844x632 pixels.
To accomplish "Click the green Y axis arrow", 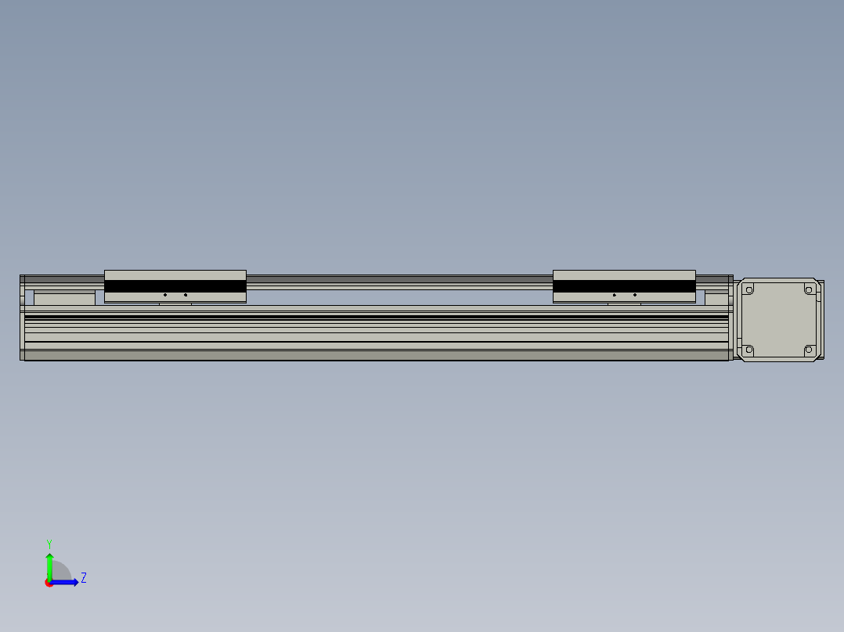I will (49, 565).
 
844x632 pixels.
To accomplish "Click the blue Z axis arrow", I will (67, 582).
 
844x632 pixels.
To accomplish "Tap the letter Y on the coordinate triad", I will (49, 543).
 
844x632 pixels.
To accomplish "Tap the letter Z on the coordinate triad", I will (84, 578).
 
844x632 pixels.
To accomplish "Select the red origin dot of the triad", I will (49, 583).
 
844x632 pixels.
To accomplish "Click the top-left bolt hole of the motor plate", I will (748, 290).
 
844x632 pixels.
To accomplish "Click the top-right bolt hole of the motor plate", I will (809, 290).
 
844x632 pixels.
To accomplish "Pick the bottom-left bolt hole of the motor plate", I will (748, 350).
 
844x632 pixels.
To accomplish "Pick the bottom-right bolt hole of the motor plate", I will (809, 350).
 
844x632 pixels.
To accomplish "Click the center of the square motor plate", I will (778, 320).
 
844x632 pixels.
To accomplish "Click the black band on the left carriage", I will (175, 286).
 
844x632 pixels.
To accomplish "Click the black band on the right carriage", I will (624, 286).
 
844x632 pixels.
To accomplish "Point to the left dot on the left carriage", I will (165, 295).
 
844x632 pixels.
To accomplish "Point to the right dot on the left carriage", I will (186, 295).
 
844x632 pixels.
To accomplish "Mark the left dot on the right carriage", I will (615, 295).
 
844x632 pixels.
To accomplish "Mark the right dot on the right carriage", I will (635, 295).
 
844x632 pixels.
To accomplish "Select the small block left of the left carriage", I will (64, 298).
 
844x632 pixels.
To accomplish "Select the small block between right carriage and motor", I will (716, 298).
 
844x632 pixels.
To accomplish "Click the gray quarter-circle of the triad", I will (61, 572).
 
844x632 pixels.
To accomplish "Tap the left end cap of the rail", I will (22, 318).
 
